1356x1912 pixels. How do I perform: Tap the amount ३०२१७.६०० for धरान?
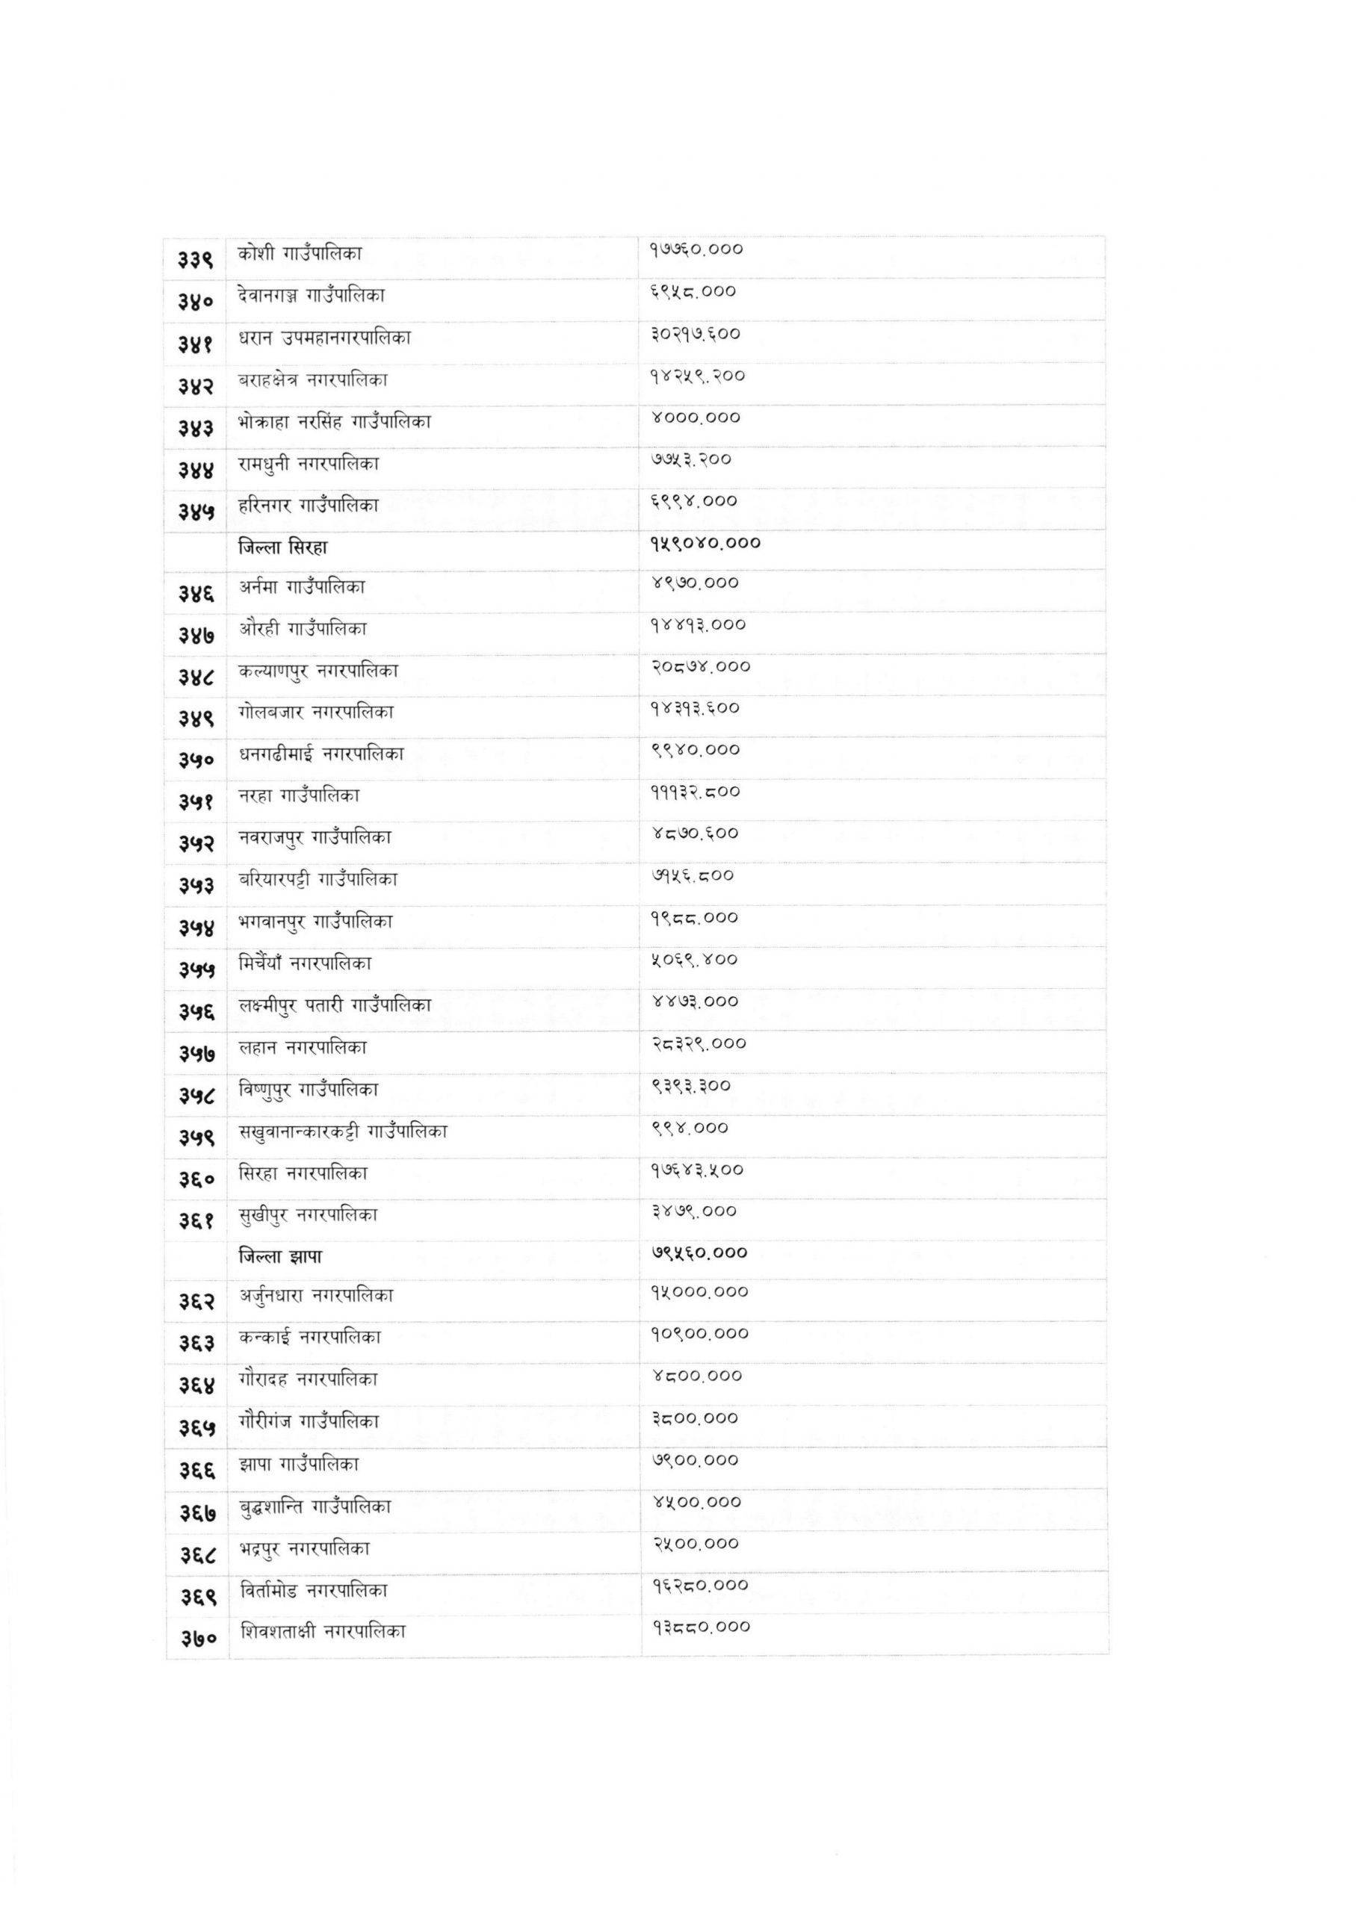[x=696, y=334]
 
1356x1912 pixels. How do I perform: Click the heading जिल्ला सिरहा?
[x=283, y=547]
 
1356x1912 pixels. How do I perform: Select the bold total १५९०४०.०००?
[x=705, y=543]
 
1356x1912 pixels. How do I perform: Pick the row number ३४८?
[x=196, y=677]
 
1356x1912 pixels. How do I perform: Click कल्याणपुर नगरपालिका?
[x=318, y=670]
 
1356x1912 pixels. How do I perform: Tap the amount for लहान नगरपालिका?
[x=699, y=1043]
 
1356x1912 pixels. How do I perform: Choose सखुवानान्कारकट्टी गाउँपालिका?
[x=342, y=1132]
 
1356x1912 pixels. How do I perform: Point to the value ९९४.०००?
[x=690, y=1129]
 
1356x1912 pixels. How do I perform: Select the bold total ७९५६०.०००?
[x=699, y=1252]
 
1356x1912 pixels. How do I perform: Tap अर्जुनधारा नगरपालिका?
[x=317, y=1295]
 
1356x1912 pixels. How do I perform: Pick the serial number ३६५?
[x=196, y=1429]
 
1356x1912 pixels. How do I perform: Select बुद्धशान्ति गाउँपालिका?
[x=315, y=1506]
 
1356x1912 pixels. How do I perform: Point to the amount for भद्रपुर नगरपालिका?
[x=696, y=1543]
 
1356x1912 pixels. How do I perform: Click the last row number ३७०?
[x=196, y=1638]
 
